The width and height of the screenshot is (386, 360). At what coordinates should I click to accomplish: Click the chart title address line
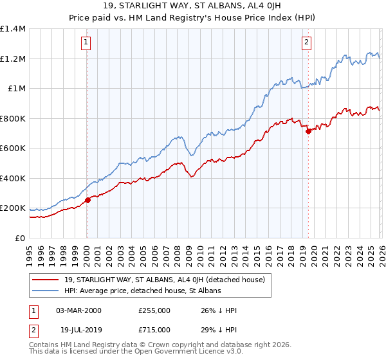193,7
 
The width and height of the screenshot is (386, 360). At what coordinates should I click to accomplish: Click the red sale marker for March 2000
87,200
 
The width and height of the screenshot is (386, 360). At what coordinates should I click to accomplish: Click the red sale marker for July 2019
308,131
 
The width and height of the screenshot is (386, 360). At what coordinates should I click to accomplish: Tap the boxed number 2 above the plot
307,43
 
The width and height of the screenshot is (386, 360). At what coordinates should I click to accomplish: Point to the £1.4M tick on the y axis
13,29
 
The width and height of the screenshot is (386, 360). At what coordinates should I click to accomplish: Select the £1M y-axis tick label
16,89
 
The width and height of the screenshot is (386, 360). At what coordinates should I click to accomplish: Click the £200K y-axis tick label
13,208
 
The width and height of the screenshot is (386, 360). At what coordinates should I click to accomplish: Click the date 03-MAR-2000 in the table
78,310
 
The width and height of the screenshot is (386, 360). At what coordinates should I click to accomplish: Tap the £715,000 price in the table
154,329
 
